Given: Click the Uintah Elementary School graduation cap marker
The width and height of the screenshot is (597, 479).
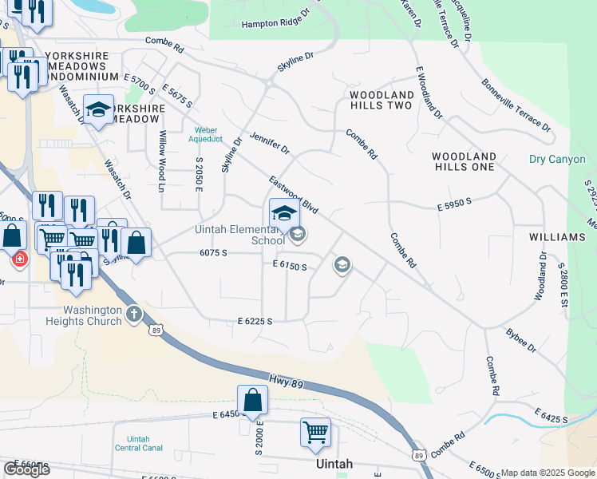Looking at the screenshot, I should point(284,213).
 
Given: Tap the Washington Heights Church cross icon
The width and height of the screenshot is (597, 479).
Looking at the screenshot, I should point(133,315).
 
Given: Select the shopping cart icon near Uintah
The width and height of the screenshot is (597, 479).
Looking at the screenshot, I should point(315,432).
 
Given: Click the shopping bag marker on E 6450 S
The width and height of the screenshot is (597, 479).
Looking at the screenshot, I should point(252,400).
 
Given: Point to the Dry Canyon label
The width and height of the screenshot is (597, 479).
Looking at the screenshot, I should point(557,160).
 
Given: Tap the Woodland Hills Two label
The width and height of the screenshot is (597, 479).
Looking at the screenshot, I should point(382,100).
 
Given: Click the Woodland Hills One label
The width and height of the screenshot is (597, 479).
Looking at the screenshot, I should point(464,161).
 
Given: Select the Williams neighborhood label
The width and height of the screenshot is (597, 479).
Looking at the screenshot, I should point(557,237).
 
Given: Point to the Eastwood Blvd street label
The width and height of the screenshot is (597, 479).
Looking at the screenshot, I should point(294,196).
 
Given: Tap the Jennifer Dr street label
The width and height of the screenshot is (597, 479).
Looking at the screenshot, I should point(269,144).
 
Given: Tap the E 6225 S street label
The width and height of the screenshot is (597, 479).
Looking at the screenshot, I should point(255,321).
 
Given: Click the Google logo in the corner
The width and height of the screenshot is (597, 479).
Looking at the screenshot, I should point(26,469).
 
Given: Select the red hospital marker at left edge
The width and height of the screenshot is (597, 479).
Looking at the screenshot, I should point(18,259).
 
